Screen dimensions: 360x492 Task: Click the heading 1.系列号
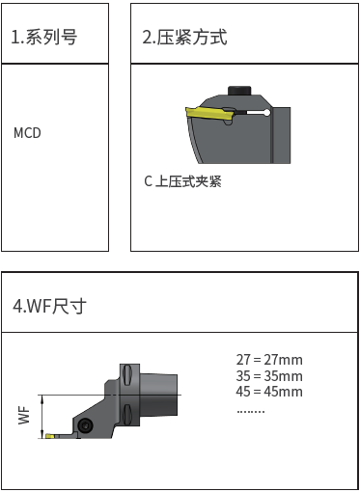click(44, 37)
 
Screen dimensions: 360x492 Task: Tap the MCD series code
click(27, 133)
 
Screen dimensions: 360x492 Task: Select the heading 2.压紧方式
click(184, 37)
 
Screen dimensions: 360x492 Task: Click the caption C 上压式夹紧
click(182, 181)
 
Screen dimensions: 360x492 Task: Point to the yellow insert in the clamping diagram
click(210, 114)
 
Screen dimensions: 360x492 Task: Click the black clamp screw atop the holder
click(239, 91)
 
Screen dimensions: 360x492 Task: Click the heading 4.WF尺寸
click(49, 306)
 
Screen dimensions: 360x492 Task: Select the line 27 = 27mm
click(269, 360)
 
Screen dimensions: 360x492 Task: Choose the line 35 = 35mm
click(269, 375)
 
